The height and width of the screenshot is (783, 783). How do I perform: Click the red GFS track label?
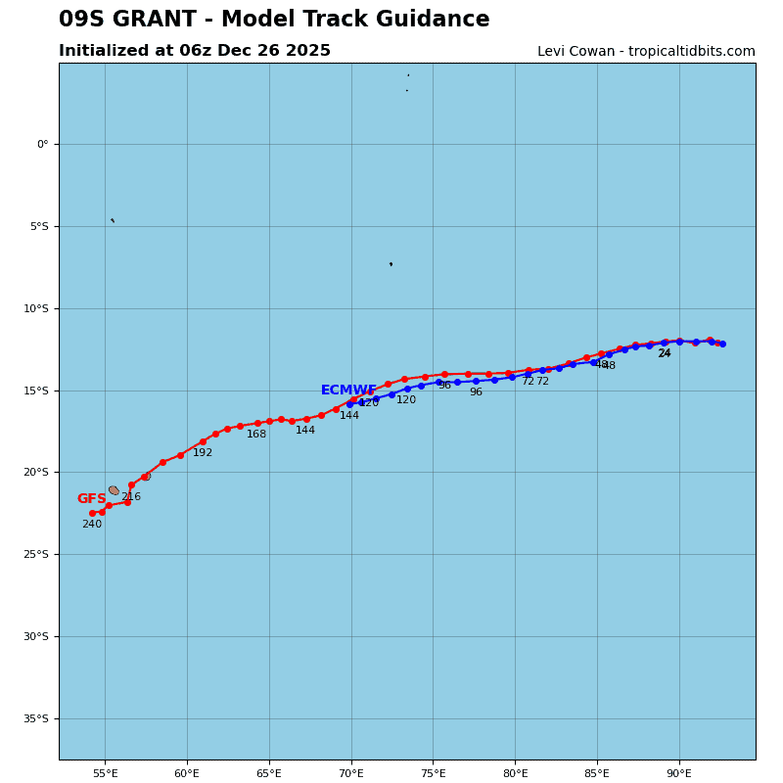point(91,499)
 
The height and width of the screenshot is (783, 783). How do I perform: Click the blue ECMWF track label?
point(348,391)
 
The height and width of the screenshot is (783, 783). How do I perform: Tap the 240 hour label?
point(91,525)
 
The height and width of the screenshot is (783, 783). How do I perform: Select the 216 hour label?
point(130,497)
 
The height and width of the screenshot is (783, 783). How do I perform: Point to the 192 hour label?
point(202,453)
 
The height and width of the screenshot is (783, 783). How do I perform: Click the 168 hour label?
point(255,435)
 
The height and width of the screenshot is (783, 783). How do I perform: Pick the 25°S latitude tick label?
point(35,554)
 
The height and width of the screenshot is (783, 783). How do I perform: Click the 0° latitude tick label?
point(42,144)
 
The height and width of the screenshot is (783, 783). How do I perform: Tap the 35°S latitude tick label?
point(35,718)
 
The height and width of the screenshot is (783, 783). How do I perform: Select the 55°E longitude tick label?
point(105,773)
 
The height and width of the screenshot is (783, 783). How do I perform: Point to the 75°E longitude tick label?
point(433,773)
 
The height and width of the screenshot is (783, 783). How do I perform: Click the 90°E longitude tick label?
point(679,773)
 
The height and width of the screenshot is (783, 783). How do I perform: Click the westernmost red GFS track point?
point(92,513)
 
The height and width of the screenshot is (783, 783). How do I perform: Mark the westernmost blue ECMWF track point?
point(349,404)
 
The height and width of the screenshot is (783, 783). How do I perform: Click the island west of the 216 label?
point(114,490)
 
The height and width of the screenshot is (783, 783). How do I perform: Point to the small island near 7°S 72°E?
point(391,264)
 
